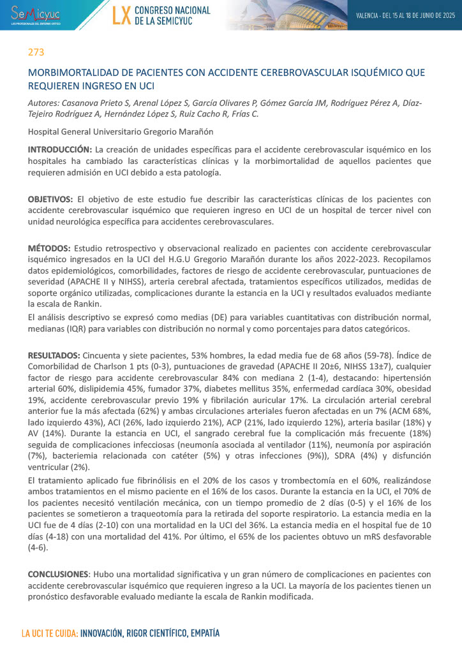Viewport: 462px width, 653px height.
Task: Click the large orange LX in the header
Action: (121, 15)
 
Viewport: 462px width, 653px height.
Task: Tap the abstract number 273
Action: (35, 52)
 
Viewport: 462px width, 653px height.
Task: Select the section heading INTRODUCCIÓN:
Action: (59, 149)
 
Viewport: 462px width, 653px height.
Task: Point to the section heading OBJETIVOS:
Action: (50, 199)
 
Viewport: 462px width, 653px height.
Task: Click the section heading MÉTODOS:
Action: (49, 247)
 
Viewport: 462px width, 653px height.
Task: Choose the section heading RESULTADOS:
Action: (54, 355)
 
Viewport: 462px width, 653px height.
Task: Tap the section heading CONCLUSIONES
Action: (57, 574)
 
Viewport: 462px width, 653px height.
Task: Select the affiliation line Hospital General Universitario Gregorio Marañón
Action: (121, 131)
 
